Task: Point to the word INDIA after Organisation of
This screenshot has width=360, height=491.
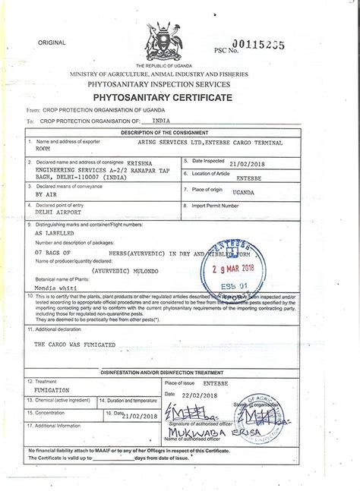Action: tap(161, 121)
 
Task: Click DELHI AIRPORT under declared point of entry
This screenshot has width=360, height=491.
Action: tap(58, 213)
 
